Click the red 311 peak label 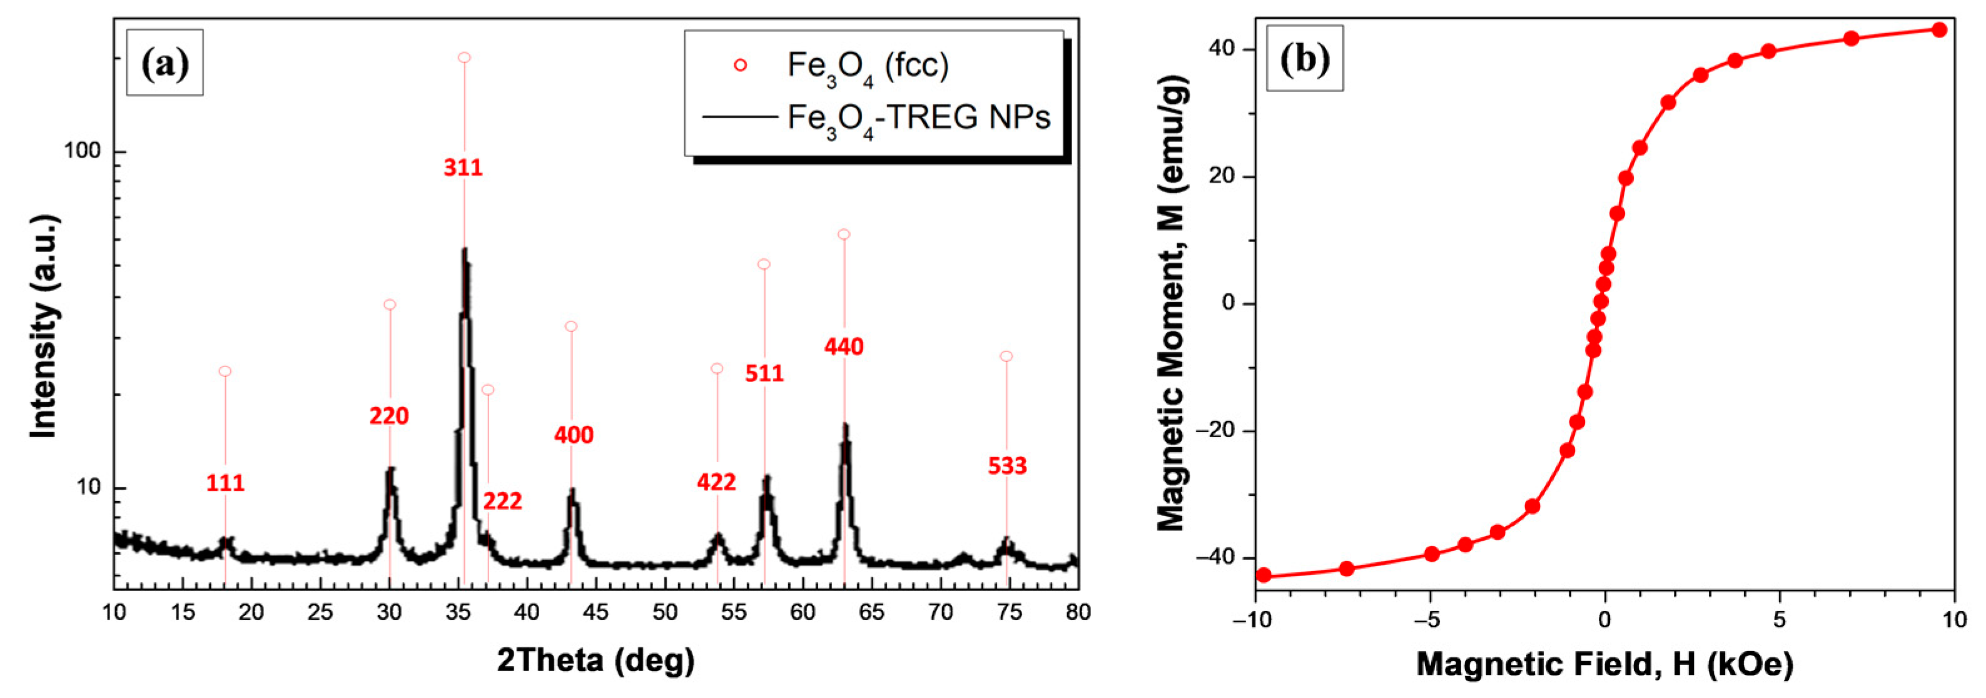tap(463, 168)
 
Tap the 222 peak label tap(503, 502)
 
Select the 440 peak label tap(843, 347)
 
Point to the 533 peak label tap(1007, 466)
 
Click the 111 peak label tap(225, 483)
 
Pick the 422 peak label tap(716, 482)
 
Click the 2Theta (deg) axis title tap(595, 660)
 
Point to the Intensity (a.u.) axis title tap(44, 327)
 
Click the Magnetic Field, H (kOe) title tap(1604, 664)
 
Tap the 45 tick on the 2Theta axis tap(595, 612)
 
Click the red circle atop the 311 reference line tap(464, 58)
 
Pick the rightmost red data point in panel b tap(1940, 30)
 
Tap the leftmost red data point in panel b tap(1264, 575)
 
